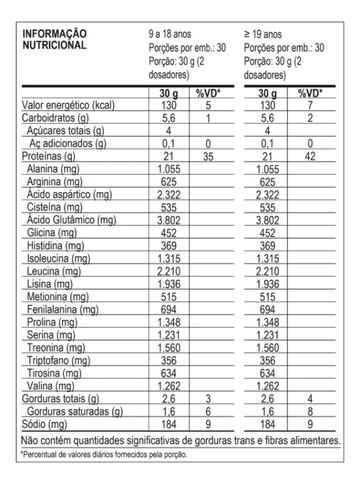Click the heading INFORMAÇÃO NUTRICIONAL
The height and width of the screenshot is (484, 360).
click(x=54, y=39)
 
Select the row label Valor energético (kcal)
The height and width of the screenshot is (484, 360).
click(x=68, y=105)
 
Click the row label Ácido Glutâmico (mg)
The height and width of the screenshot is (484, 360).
click(x=71, y=220)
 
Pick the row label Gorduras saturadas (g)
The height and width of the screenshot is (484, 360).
click(x=75, y=411)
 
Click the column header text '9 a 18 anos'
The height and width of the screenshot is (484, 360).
click(x=170, y=34)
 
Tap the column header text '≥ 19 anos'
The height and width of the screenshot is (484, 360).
click(x=263, y=34)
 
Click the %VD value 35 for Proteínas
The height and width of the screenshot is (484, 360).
click(x=208, y=157)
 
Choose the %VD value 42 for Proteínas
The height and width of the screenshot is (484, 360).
click(x=310, y=157)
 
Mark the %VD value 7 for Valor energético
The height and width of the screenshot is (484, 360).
click(x=310, y=105)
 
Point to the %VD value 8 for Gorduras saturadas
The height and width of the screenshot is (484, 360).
click(x=310, y=411)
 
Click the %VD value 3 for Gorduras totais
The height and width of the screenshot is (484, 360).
click(x=208, y=399)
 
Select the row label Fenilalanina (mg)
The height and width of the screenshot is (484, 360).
click(x=62, y=309)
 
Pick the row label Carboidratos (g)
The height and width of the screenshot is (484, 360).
click(x=55, y=118)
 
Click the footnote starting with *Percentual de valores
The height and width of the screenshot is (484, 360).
click(x=104, y=455)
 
